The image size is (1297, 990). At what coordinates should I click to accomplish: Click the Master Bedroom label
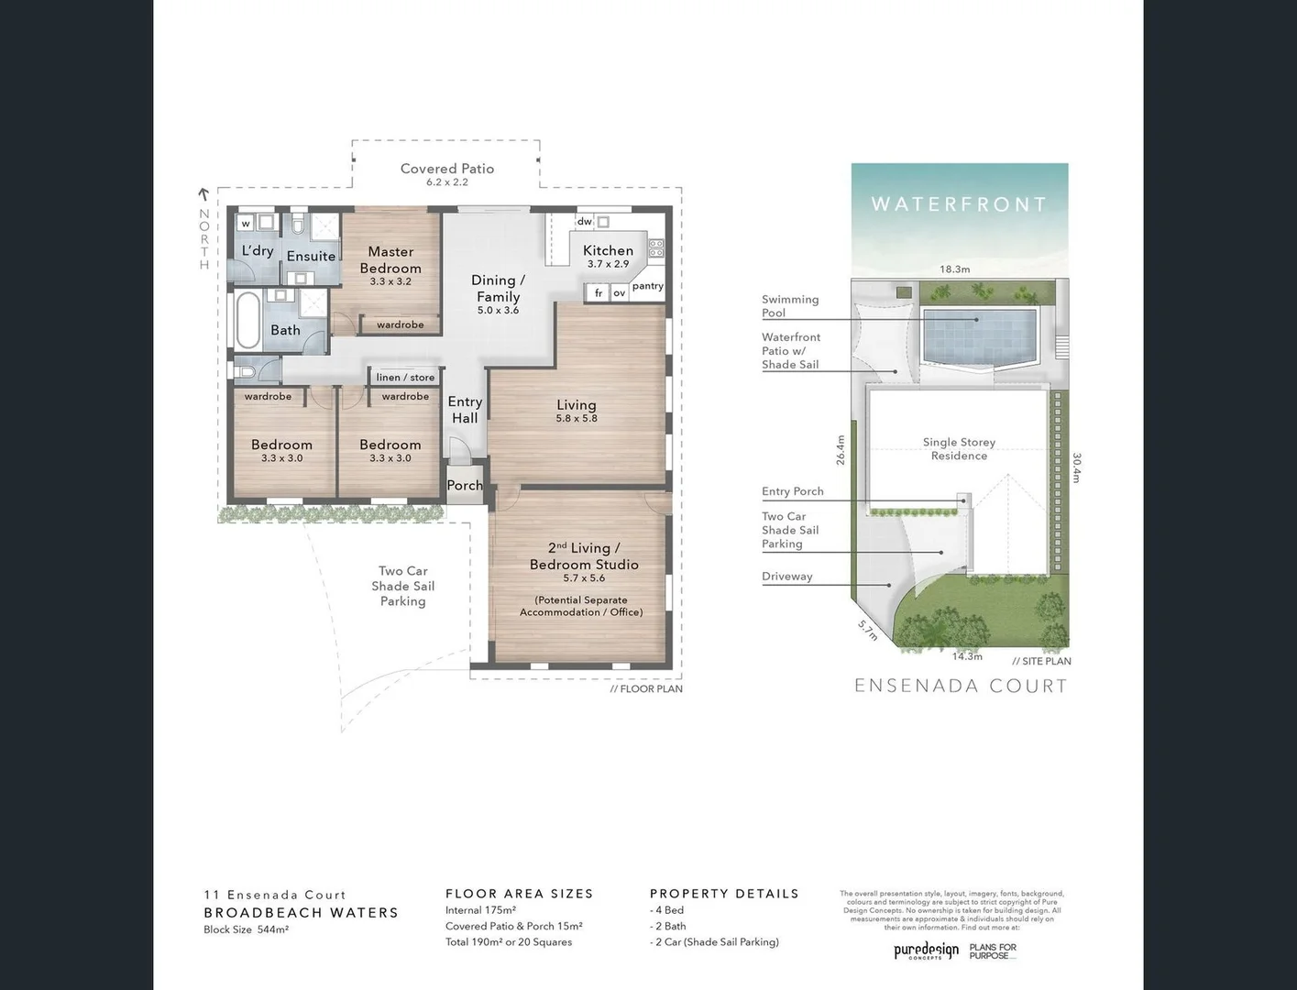(390, 259)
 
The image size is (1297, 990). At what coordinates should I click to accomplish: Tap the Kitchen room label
(608, 250)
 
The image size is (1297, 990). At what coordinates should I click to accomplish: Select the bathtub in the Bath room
(247, 319)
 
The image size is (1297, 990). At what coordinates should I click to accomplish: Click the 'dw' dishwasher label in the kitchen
(584, 222)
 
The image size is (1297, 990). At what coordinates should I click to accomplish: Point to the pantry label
(647, 286)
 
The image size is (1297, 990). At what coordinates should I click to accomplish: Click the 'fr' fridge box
(599, 293)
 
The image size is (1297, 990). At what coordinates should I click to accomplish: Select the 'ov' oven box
(620, 293)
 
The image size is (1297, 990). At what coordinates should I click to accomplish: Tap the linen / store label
(405, 377)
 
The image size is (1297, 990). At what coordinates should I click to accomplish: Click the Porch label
(465, 485)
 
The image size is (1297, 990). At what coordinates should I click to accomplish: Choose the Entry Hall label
(465, 410)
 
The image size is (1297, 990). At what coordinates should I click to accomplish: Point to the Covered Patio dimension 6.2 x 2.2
(447, 182)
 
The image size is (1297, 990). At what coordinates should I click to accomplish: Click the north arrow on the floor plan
(203, 194)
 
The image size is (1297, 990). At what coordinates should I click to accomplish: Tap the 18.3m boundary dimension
(954, 269)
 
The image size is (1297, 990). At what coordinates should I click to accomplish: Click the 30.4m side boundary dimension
(1077, 467)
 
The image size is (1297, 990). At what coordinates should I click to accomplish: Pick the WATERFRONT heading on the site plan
(959, 204)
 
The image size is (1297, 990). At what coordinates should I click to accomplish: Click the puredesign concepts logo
(926, 951)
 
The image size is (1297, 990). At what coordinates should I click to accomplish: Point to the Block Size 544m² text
(246, 929)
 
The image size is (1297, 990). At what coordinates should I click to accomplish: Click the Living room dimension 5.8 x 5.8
(576, 419)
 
